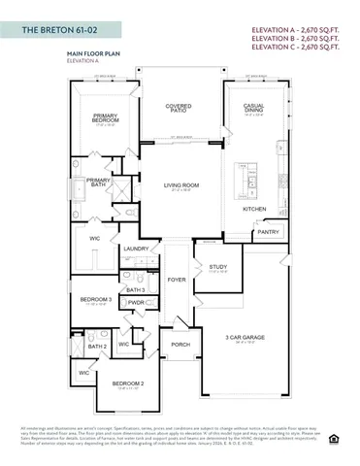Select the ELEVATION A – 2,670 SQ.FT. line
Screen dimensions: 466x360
296,29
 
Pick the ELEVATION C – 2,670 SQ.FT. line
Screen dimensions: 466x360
296,45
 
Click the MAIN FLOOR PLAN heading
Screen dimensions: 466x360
94,55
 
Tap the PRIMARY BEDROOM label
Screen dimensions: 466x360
106,118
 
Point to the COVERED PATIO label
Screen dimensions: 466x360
179,110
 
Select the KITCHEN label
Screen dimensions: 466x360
254,210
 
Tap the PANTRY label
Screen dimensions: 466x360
268,233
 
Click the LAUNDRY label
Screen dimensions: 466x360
136,250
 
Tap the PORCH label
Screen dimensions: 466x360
180,344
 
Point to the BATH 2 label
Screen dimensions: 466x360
97,347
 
